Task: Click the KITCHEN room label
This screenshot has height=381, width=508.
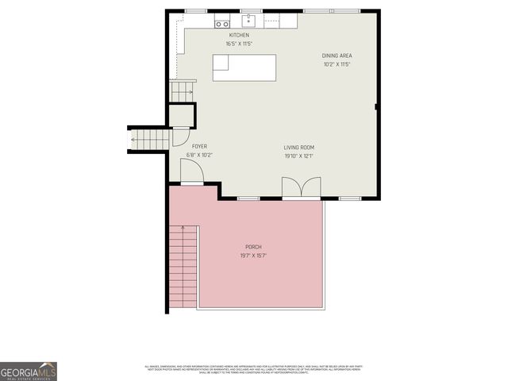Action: click(239, 35)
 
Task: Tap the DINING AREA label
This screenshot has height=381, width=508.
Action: click(337, 56)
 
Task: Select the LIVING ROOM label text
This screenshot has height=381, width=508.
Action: click(299, 147)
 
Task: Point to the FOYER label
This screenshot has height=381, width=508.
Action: click(199, 147)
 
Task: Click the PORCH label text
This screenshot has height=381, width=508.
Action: click(252, 248)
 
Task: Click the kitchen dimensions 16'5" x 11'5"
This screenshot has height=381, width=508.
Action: click(239, 44)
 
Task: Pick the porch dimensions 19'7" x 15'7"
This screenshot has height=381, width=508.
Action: click(252, 256)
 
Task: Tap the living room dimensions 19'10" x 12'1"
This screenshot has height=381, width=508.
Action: click(299, 156)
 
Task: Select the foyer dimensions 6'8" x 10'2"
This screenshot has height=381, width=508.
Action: click(199, 155)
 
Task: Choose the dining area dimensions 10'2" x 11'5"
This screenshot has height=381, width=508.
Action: click(337, 64)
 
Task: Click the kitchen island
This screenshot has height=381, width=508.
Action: click(244, 67)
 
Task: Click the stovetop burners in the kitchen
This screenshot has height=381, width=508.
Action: click(221, 24)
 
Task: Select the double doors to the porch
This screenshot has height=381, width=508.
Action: click(302, 188)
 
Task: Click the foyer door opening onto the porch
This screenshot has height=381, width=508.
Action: click(191, 172)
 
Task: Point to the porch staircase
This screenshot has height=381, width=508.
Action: click(183, 265)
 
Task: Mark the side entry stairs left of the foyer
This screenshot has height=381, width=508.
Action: click(149, 140)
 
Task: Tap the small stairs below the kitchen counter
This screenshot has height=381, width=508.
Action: click(183, 92)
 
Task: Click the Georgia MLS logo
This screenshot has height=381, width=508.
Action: click(29, 371)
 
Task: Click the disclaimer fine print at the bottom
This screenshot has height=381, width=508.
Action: click(253, 369)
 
